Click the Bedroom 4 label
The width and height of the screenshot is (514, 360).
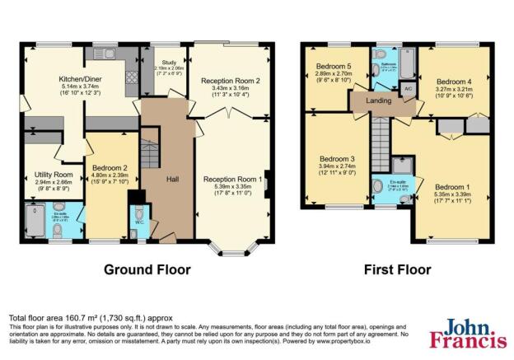452,82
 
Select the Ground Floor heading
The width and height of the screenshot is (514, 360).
147,269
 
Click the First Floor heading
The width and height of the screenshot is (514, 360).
398,269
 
